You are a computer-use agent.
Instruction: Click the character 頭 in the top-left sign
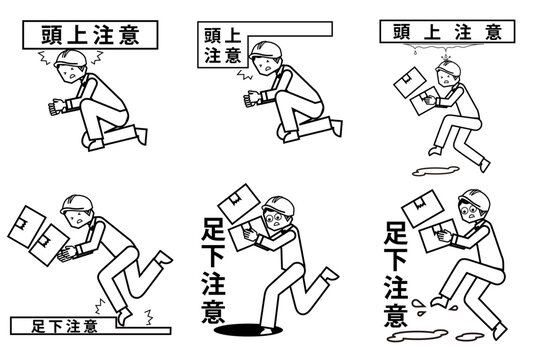[x=52, y=35]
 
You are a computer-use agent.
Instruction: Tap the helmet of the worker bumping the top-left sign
[x=70, y=59]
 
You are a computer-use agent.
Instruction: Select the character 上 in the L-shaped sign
[x=231, y=35]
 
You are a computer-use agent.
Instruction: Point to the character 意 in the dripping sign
[x=493, y=32]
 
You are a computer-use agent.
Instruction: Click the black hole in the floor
[x=248, y=330]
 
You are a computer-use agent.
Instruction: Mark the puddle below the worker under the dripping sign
[x=435, y=171]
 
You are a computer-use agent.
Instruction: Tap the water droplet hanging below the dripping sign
[x=415, y=52]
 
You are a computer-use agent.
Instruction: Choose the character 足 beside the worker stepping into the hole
[x=214, y=229]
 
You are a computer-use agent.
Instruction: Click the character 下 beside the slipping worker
[x=396, y=258]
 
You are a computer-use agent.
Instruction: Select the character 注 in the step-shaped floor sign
[x=73, y=326]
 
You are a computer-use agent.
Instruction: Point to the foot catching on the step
[x=124, y=316]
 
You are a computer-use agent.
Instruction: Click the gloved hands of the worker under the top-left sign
[x=57, y=107]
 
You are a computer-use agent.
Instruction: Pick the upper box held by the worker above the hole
[x=238, y=204]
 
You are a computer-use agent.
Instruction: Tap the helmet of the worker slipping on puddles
[x=475, y=199]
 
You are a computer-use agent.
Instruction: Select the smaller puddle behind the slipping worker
[x=470, y=336]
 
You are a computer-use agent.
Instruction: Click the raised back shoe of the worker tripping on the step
[x=163, y=258]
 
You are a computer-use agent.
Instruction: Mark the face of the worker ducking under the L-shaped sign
[x=264, y=65]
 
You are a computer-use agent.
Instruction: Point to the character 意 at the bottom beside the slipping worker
[x=396, y=315]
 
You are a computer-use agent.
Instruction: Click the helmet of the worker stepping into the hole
[x=279, y=206]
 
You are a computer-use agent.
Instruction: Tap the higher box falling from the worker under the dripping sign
[x=410, y=82]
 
